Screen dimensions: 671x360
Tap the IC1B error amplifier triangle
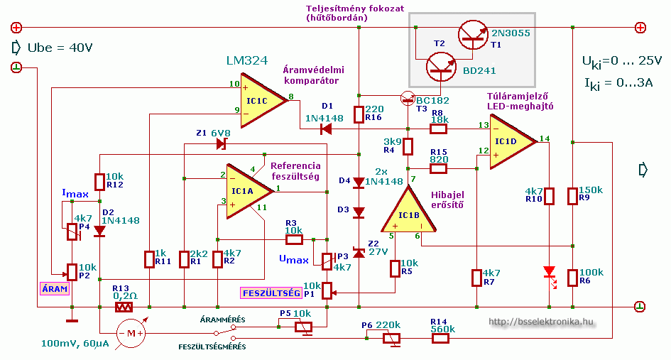pyautogui.click(x=409, y=209)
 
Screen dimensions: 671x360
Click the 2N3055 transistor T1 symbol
pyautogui.click(x=473, y=35)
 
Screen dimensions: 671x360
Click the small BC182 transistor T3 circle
pyautogui.click(x=408, y=99)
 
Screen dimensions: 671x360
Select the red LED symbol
pyautogui.click(x=550, y=272)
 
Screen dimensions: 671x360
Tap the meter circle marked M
pyautogui.click(x=131, y=334)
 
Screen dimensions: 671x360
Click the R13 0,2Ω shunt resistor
pyautogui.click(x=124, y=307)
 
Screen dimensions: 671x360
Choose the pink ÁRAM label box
pyautogui.click(x=55, y=288)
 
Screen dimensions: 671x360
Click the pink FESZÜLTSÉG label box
pyautogui.click(x=271, y=293)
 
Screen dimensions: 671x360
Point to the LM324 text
pyautogui.click(x=247, y=61)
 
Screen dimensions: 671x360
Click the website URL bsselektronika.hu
pyautogui.click(x=541, y=322)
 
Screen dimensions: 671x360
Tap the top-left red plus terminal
pyautogui.click(x=16, y=28)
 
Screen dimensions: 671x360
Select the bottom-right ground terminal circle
pyautogui.click(x=640, y=307)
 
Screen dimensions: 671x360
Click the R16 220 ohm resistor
pyautogui.click(x=359, y=114)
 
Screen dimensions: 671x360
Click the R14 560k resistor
pyautogui.click(x=440, y=339)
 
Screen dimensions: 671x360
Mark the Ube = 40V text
pyautogui.click(x=60, y=48)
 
